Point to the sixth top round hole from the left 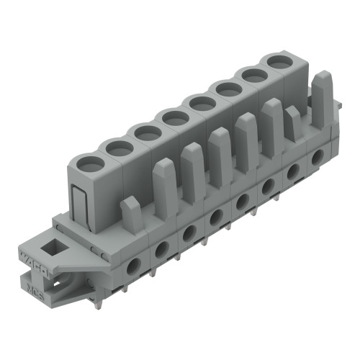[229, 89]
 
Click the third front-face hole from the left [189, 233]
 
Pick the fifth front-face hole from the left [241, 201]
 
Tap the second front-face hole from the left [161, 249]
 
